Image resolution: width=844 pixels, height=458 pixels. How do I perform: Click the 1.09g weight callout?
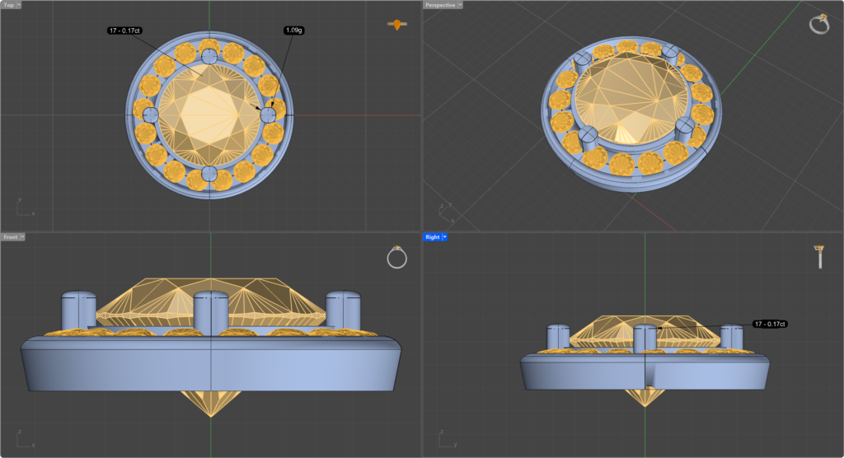[x=294, y=30]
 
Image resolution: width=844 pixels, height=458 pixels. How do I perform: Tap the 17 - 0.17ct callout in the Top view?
[x=125, y=30]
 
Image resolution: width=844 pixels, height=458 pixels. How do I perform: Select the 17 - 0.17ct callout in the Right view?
[x=770, y=324]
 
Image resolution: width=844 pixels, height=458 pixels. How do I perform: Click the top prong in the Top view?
[x=209, y=56]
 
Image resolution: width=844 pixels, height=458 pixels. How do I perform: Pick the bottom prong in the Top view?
[x=209, y=175]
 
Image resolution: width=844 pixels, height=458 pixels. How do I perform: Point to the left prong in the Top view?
[x=150, y=114]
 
